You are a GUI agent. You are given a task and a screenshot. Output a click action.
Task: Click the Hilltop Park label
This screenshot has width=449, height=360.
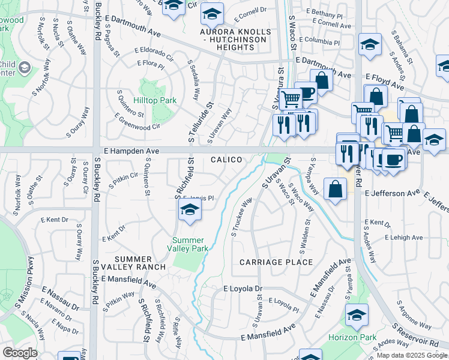[155, 100]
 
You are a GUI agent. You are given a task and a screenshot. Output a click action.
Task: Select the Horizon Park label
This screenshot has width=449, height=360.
[352, 337]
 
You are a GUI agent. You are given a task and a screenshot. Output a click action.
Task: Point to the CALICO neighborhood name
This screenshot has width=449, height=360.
[226, 160]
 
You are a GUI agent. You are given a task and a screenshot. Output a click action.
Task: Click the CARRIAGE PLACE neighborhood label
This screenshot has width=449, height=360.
[276, 262]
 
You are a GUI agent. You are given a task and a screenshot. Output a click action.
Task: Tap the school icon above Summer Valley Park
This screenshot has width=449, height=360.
[189, 211]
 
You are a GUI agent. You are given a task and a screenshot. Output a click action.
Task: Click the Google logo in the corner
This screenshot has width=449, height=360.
[20, 353]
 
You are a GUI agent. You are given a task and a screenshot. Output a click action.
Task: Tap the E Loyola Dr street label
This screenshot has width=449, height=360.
[243, 289]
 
